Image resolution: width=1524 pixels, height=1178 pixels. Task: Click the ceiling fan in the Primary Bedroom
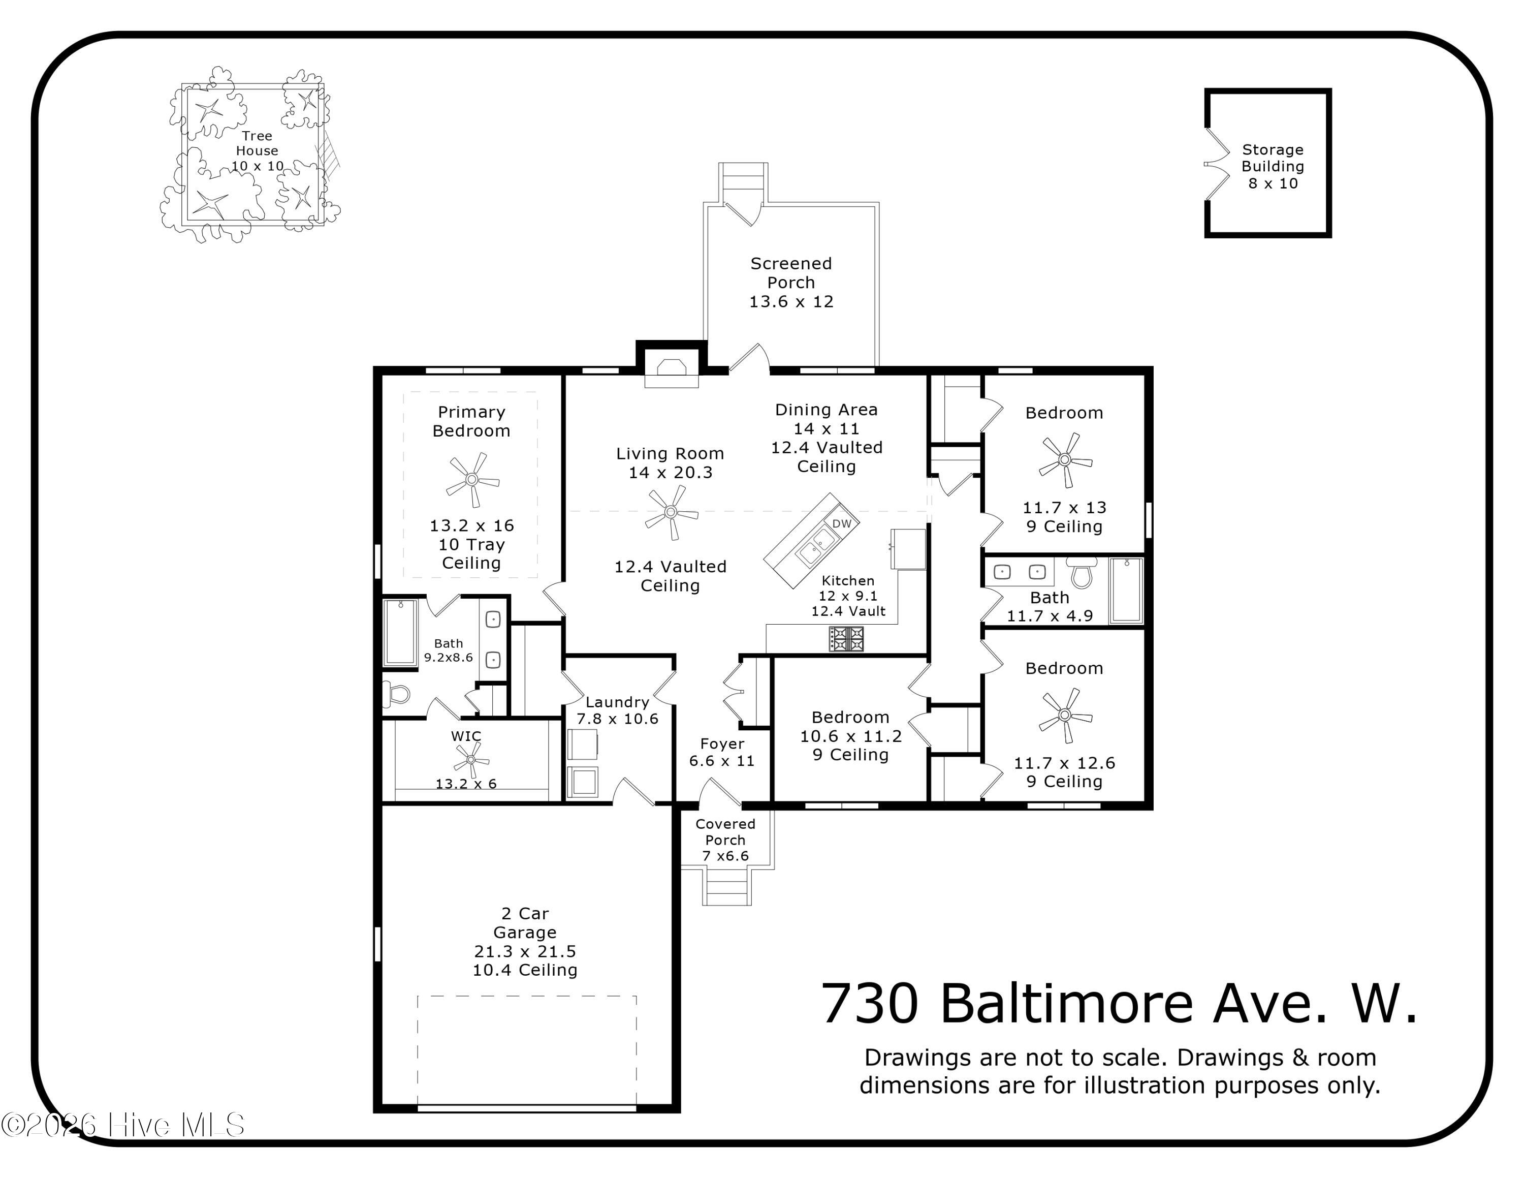point(472,479)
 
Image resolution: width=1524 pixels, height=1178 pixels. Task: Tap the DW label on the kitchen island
point(842,523)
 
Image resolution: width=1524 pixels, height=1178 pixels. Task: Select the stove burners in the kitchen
point(846,638)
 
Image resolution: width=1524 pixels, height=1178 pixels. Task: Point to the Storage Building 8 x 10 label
point(1272,166)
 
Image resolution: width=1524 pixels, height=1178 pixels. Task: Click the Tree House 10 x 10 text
point(257,151)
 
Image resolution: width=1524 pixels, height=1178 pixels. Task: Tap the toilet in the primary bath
point(398,694)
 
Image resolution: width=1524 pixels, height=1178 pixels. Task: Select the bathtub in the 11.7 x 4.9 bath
point(1126,590)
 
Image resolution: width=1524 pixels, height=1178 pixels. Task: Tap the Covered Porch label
point(725,832)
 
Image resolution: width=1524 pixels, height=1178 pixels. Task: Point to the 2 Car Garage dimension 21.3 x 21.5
point(525,951)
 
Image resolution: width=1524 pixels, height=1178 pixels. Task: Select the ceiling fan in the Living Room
point(671,512)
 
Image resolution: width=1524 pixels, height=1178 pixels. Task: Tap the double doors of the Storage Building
point(1217,165)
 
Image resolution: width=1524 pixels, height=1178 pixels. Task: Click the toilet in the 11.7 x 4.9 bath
point(1082,574)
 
